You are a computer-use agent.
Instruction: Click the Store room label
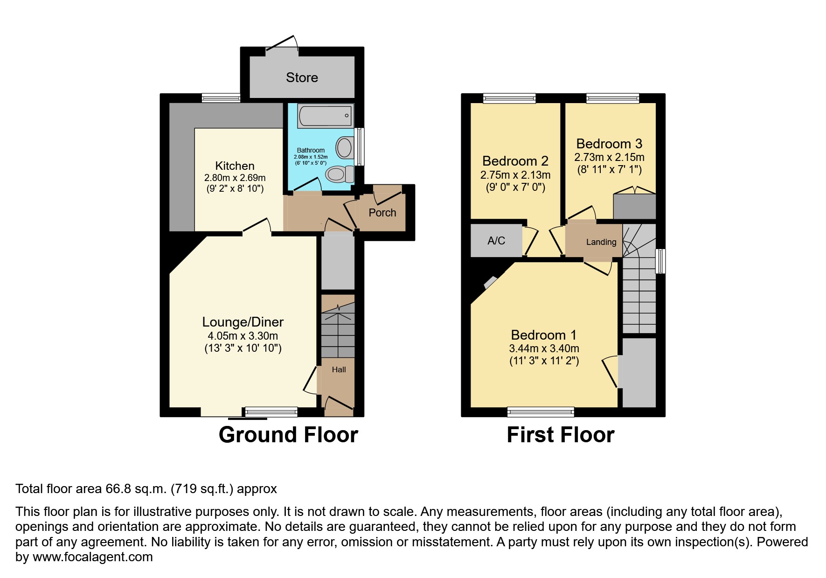302,77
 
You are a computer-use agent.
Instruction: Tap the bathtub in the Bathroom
325,115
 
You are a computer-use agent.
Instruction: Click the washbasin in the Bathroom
345,147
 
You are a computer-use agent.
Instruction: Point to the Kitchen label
235,166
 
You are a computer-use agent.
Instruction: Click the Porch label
382,213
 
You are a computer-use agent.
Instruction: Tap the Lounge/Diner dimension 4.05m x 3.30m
243,336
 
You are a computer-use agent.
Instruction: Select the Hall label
339,369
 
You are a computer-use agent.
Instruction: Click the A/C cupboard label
496,241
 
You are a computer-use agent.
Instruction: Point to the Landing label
601,242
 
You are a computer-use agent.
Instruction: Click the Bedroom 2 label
515,161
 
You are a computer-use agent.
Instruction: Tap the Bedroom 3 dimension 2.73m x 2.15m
609,158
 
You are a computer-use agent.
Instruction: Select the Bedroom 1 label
543,335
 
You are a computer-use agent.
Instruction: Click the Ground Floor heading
288,435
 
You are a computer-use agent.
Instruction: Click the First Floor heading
560,435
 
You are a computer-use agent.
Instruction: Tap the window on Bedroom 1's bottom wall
541,411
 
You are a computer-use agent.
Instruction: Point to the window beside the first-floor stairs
660,261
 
